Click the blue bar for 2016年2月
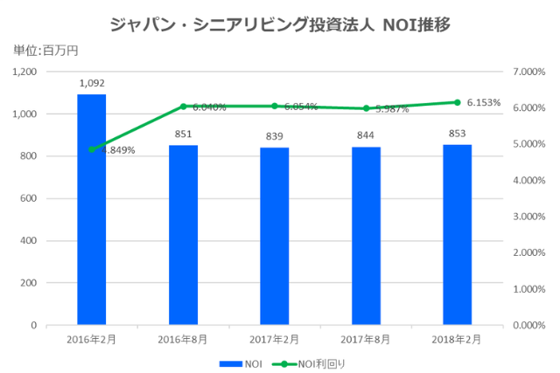pyautogui.click(x=92, y=210)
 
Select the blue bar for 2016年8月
pyautogui.click(x=183, y=235)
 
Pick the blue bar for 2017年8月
pyautogui.click(x=366, y=236)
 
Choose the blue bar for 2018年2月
pyautogui.click(x=457, y=235)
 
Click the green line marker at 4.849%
pyautogui.click(x=92, y=149)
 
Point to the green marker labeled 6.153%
pyautogui.click(x=457, y=102)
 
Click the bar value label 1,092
pyautogui.click(x=92, y=83)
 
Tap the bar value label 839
pyautogui.click(x=274, y=136)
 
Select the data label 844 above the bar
pyautogui.click(x=366, y=135)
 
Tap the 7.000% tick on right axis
pyautogui.click(x=528, y=72)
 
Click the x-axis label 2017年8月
pyautogui.click(x=366, y=339)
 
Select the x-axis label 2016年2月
pyautogui.click(x=92, y=339)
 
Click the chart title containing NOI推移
pyautogui.click(x=280, y=24)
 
